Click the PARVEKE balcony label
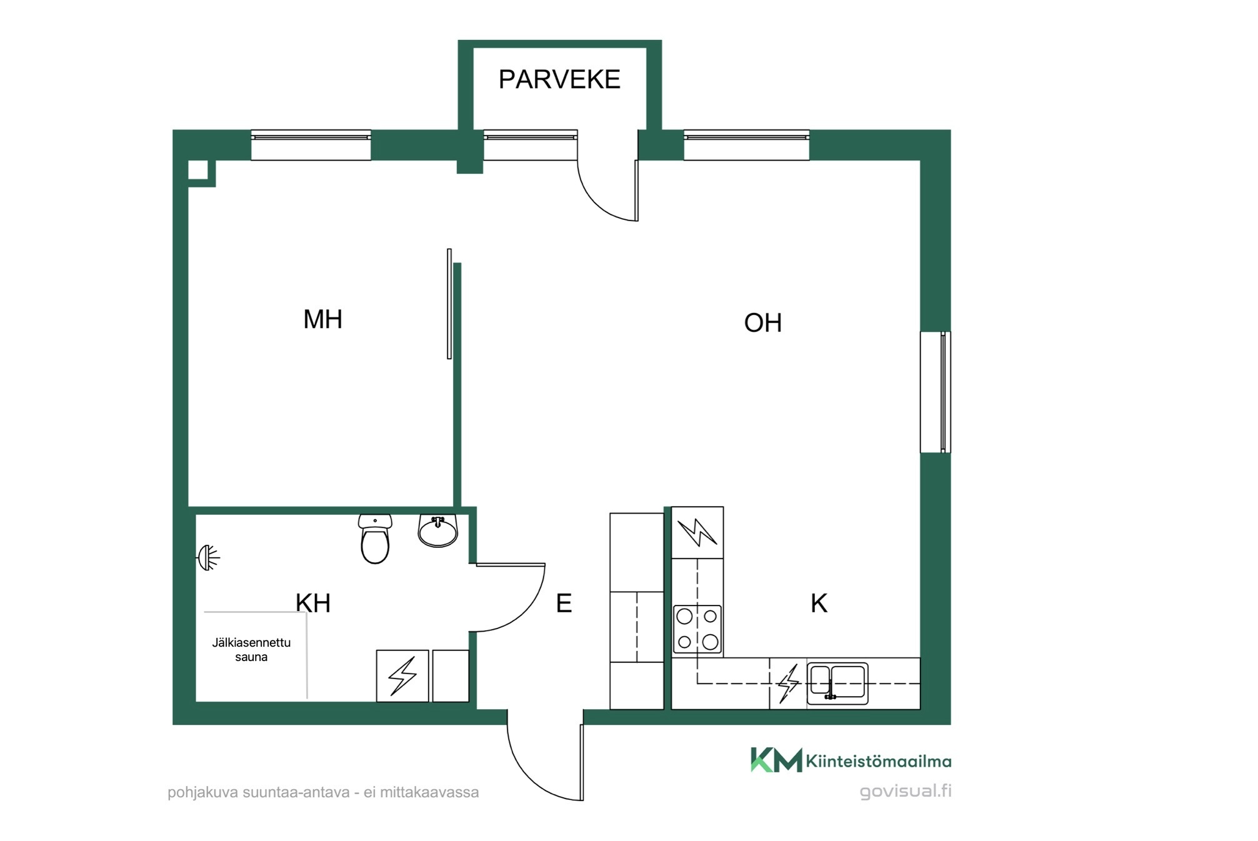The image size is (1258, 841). (x=559, y=79)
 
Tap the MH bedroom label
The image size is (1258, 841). (x=322, y=319)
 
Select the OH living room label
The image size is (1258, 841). (x=762, y=323)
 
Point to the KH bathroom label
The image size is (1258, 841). (x=313, y=603)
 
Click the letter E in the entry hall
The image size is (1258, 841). (x=564, y=604)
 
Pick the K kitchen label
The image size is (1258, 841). (x=819, y=604)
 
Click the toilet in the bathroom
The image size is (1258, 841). (x=375, y=539)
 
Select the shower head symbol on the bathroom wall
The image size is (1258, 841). (x=209, y=558)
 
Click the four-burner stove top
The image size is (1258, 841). (x=697, y=630)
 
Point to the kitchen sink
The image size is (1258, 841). (x=837, y=684)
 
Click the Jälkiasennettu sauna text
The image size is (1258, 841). (x=251, y=650)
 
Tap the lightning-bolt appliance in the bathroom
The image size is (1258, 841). (x=402, y=676)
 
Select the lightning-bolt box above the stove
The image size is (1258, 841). (x=697, y=533)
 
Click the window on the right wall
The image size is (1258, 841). (x=936, y=392)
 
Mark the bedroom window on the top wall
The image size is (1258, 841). (x=311, y=145)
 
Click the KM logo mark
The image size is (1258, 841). (x=776, y=760)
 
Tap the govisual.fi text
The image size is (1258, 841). (x=906, y=791)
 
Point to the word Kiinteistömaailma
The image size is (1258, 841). (x=879, y=761)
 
